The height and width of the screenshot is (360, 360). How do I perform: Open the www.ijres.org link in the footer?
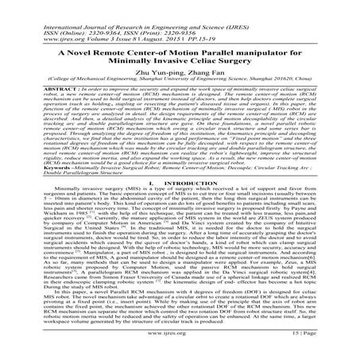(179, 347)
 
